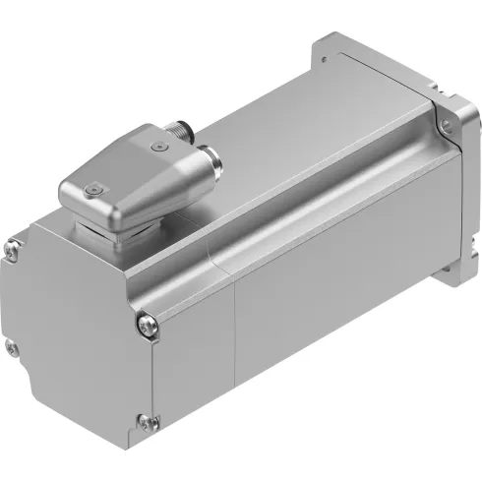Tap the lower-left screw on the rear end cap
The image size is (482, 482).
(11, 346)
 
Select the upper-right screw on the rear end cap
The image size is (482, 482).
(146, 321)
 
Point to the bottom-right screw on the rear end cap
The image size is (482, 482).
(147, 423)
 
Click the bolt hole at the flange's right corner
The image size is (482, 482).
(448, 125)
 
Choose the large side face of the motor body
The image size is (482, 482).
(325, 285)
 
